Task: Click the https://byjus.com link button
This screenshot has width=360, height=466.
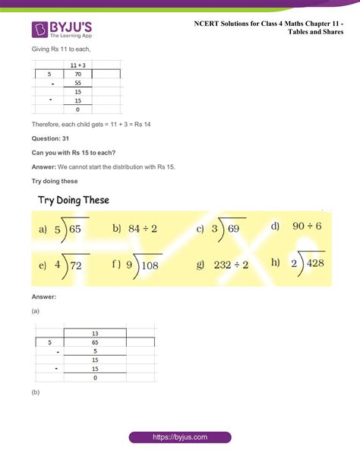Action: [179, 438]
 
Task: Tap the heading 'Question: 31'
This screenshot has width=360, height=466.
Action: [50, 138]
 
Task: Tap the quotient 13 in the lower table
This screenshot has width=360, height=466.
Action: [95, 333]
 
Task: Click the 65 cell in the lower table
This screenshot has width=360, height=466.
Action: [95, 342]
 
